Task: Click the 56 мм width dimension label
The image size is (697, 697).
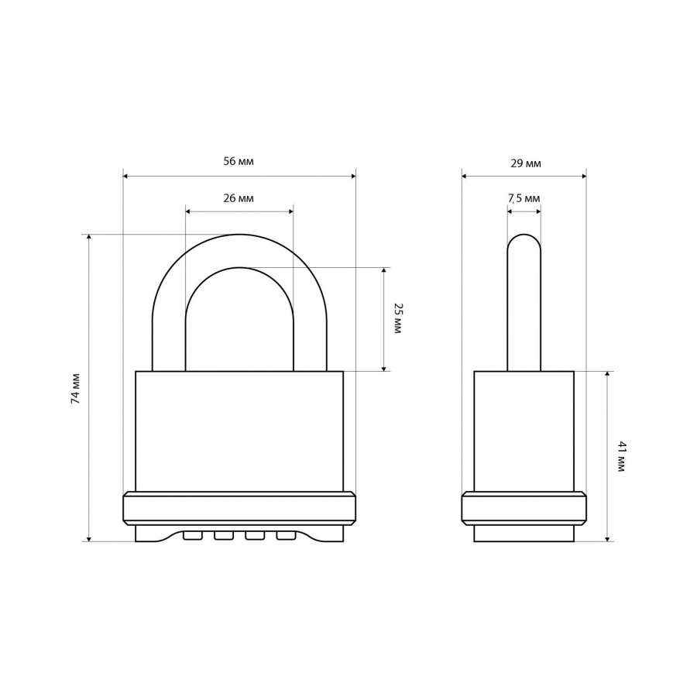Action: pyautogui.click(x=239, y=161)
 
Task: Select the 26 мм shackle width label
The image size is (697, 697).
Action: pyautogui.click(x=239, y=198)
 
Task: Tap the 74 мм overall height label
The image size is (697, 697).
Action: pyautogui.click(x=76, y=388)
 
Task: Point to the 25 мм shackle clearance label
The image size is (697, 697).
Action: pyautogui.click(x=398, y=319)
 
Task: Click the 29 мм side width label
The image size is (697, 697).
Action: pyautogui.click(x=526, y=163)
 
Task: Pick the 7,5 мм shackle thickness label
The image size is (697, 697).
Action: pyautogui.click(x=524, y=198)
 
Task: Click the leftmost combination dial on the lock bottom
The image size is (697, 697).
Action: pyautogui.click(x=193, y=536)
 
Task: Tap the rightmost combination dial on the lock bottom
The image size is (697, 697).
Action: pyautogui.click(x=286, y=536)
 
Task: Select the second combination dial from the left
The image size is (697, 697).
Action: pyautogui.click(x=224, y=536)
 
